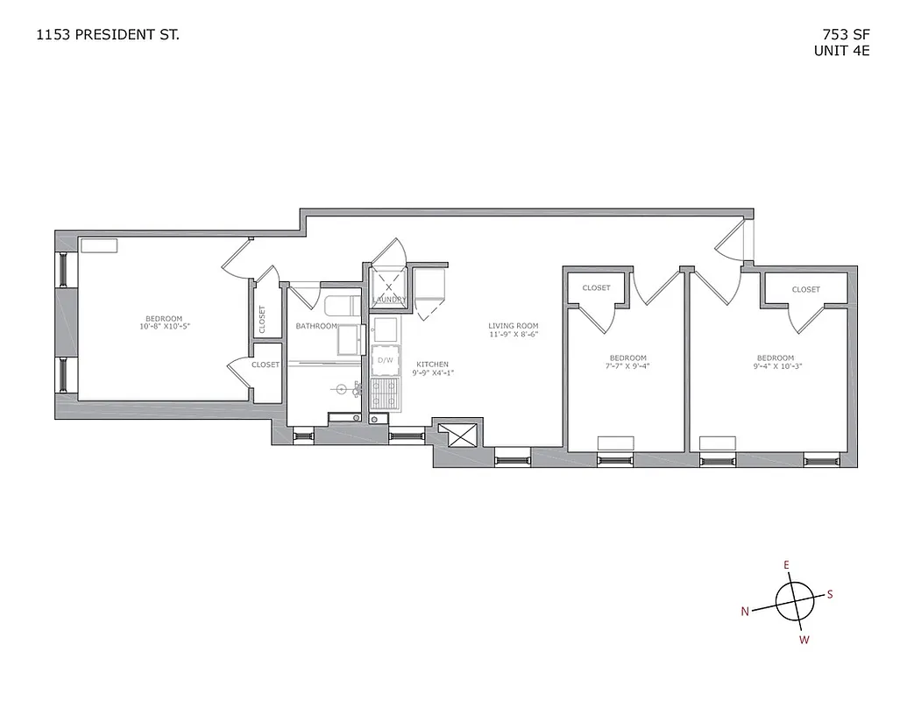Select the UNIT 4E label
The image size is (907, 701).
coord(840,50)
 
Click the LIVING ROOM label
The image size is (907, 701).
coord(513,326)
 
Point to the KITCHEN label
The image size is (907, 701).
coord(432,364)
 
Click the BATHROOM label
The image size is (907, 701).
coord(315,326)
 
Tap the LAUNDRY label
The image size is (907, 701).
coord(389,300)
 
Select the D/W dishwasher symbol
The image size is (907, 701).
coord(385,359)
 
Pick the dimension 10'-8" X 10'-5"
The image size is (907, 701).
coord(165,326)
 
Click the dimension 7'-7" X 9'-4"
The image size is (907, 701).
coord(628,366)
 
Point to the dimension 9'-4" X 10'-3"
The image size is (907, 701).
coord(776,366)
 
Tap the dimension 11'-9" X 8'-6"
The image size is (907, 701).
coord(513,334)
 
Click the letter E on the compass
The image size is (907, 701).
coord(786,565)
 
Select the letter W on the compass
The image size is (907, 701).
coord(804,640)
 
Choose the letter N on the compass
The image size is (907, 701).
coord(745,612)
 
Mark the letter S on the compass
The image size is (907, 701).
coord(830,594)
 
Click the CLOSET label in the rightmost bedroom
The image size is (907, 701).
coord(805,289)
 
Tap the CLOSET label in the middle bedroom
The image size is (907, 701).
coord(596,287)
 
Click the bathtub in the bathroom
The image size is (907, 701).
coord(342,308)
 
